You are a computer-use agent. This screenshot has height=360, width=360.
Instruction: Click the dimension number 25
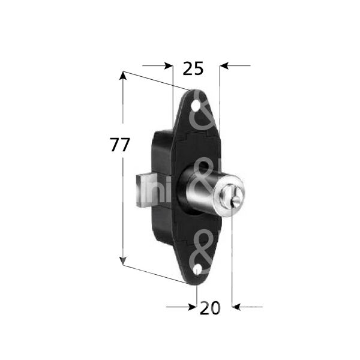click(x=193, y=68)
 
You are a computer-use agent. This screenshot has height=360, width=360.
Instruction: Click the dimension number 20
click(x=209, y=308)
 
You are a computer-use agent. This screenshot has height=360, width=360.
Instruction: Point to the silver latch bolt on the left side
click(x=143, y=190)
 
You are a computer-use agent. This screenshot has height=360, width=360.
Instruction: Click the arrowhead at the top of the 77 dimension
click(x=123, y=75)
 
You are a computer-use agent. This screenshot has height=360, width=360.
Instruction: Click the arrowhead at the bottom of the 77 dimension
click(x=123, y=262)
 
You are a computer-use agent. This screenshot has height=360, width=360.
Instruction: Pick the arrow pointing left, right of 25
click(x=226, y=65)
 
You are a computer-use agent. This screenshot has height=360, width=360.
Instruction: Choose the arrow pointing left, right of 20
click(x=237, y=307)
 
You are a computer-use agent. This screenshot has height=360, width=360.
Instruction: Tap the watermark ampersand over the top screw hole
click(x=200, y=117)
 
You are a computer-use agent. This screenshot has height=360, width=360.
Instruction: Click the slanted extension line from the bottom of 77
click(x=156, y=273)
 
